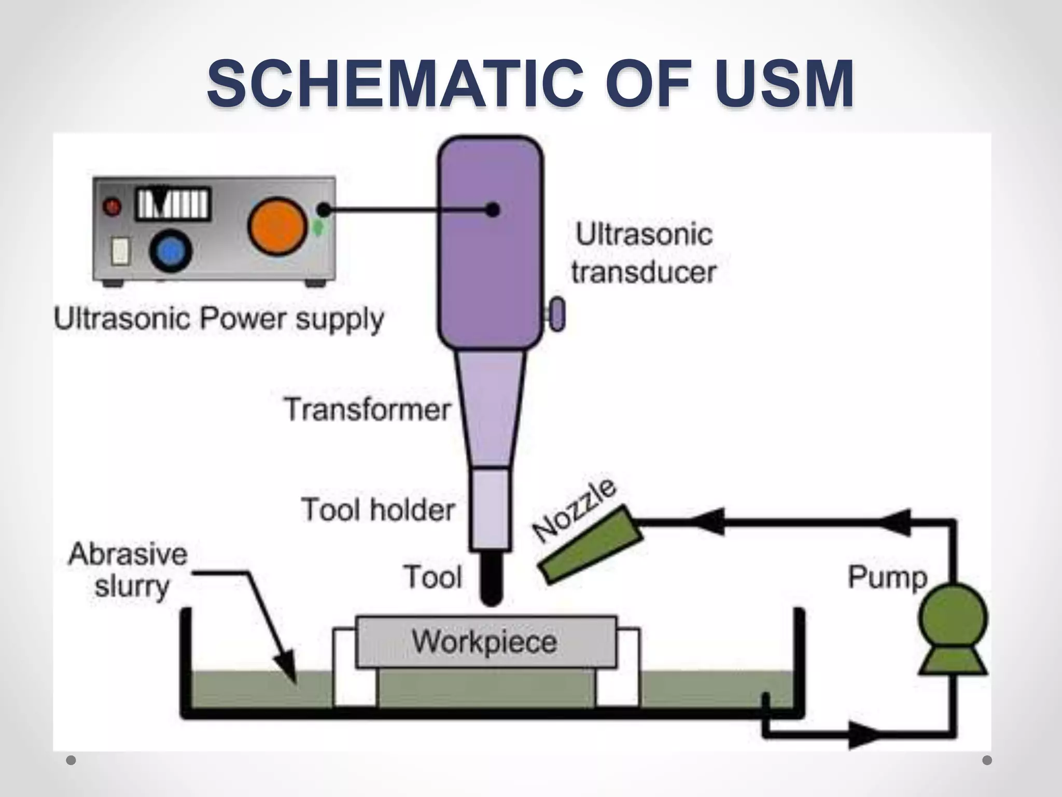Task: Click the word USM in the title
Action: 783,84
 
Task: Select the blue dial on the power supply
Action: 171,252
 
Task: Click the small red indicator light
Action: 112,207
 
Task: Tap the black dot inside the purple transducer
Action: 493,210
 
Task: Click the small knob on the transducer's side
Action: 557,314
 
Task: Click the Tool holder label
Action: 378,509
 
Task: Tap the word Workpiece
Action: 484,641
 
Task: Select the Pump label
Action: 887,577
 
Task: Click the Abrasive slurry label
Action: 128,570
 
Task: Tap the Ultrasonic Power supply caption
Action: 218,319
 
